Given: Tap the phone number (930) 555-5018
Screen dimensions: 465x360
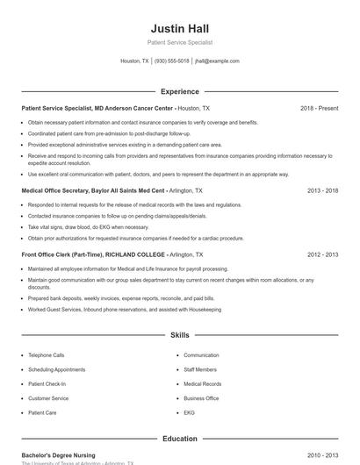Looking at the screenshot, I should click(172, 61).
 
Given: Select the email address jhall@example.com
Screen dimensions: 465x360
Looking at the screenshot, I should click(217, 61).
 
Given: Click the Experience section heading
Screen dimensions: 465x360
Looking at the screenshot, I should click(179, 91).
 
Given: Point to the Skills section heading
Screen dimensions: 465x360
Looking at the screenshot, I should click(179, 335).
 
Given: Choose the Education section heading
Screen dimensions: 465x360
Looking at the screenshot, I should click(179, 439).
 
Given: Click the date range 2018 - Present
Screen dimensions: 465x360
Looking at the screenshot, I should click(319, 108).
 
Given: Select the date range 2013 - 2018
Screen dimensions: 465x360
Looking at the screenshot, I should click(323, 190).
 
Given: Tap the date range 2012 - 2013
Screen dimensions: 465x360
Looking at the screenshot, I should click(323, 254).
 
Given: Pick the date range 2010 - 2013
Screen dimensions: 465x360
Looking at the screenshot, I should click(323, 455).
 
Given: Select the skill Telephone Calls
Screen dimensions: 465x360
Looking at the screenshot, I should click(47, 355).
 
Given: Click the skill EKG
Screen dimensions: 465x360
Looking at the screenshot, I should click(189, 411).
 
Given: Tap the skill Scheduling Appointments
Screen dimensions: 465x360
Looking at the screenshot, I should click(57, 369).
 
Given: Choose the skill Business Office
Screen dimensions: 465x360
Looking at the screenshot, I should click(201, 397).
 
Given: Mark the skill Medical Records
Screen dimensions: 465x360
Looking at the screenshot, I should click(202, 383).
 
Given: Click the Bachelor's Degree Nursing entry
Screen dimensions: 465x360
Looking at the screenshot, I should click(58, 455).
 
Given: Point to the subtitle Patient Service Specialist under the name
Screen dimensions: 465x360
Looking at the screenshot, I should click(179, 42).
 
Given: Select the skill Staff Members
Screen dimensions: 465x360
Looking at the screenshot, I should click(201, 369).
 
